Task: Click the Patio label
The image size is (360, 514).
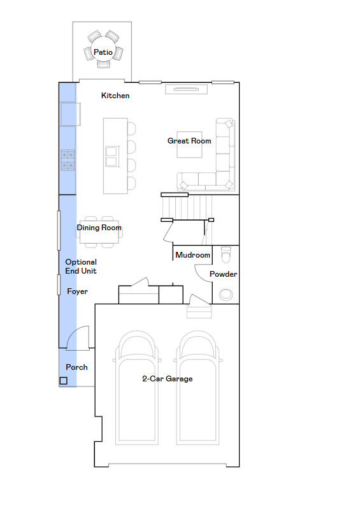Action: [103, 52]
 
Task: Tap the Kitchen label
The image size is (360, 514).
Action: [115, 96]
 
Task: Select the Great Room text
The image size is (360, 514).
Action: [189, 141]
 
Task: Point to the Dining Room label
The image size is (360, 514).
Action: [99, 228]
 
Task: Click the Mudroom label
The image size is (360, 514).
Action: [192, 254]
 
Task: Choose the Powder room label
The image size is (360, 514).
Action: [223, 274]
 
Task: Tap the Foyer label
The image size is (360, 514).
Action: [77, 291]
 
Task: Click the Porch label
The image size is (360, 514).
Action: [76, 367]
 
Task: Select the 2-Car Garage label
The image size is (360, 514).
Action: [168, 379]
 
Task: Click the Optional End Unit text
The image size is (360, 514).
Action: [81, 267]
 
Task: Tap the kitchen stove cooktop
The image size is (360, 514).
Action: [68, 160]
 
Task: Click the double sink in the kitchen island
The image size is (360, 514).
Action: [112, 156]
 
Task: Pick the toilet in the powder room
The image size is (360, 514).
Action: [226, 254]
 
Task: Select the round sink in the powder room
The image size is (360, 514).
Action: [226, 295]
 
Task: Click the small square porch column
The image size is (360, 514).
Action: [63, 381]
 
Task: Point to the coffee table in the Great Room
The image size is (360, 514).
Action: [189, 145]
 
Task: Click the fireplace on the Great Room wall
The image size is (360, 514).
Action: [186, 89]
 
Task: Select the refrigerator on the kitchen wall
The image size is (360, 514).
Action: [71, 114]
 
